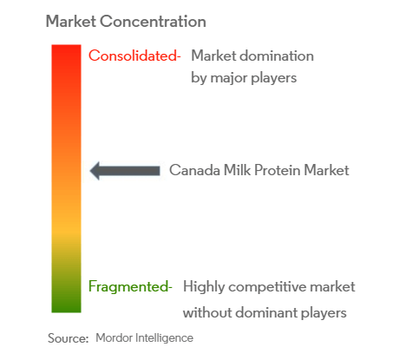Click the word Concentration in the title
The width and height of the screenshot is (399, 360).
point(153,22)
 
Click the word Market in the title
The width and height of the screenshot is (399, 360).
point(71,22)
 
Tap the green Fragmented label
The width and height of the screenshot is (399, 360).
point(130,286)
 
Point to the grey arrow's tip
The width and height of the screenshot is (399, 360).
point(90,171)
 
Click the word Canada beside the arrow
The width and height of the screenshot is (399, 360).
point(194,170)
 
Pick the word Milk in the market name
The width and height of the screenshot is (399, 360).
point(237,170)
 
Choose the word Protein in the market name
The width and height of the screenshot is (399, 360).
point(278,170)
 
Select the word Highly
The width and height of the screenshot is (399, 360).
point(204,287)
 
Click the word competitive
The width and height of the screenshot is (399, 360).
point(267,287)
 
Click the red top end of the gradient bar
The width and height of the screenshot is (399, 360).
point(66,46)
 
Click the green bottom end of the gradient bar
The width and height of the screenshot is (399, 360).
point(66,311)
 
